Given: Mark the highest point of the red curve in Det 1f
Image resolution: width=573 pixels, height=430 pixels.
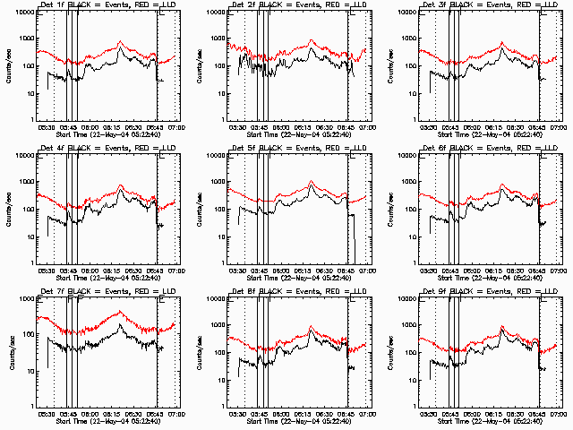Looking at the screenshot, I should point(119,41).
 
